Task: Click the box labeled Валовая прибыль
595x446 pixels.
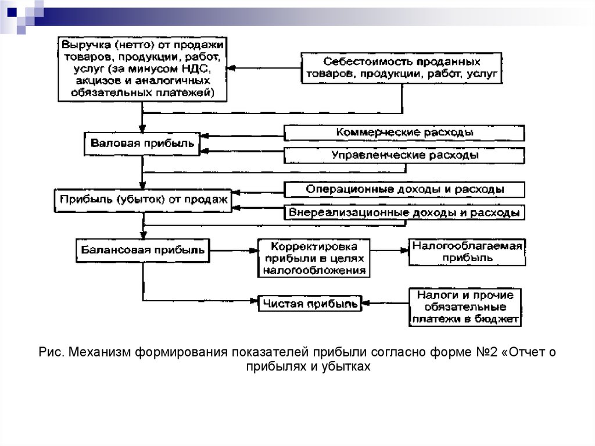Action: (x=142, y=144)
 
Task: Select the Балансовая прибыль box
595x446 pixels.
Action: (x=143, y=251)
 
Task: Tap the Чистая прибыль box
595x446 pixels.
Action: (x=310, y=304)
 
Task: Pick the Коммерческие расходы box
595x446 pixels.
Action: (x=404, y=133)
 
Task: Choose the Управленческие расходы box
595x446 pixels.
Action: (x=404, y=156)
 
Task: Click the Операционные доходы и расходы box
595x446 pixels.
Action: (x=404, y=190)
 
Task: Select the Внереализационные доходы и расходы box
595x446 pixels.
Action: (x=404, y=212)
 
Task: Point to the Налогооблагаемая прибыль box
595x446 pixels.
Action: (x=467, y=252)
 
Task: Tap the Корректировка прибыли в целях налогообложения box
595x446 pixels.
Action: (x=314, y=258)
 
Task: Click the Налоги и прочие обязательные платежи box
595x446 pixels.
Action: (x=465, y=307)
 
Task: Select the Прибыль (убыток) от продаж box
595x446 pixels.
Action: (x=143, y=200)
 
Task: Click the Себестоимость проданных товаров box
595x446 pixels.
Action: (x=402, y=68)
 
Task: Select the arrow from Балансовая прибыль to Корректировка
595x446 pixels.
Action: (x=234, y=251)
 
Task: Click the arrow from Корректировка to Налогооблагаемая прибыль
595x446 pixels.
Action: (x=389, y=251)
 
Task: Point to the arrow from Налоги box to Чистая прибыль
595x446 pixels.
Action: (x=385, y=303)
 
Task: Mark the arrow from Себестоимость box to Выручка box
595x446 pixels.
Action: (x=264, y=69)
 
